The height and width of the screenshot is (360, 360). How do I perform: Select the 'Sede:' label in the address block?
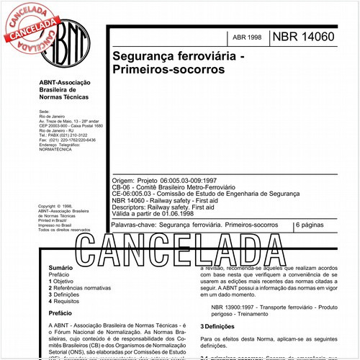44,113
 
